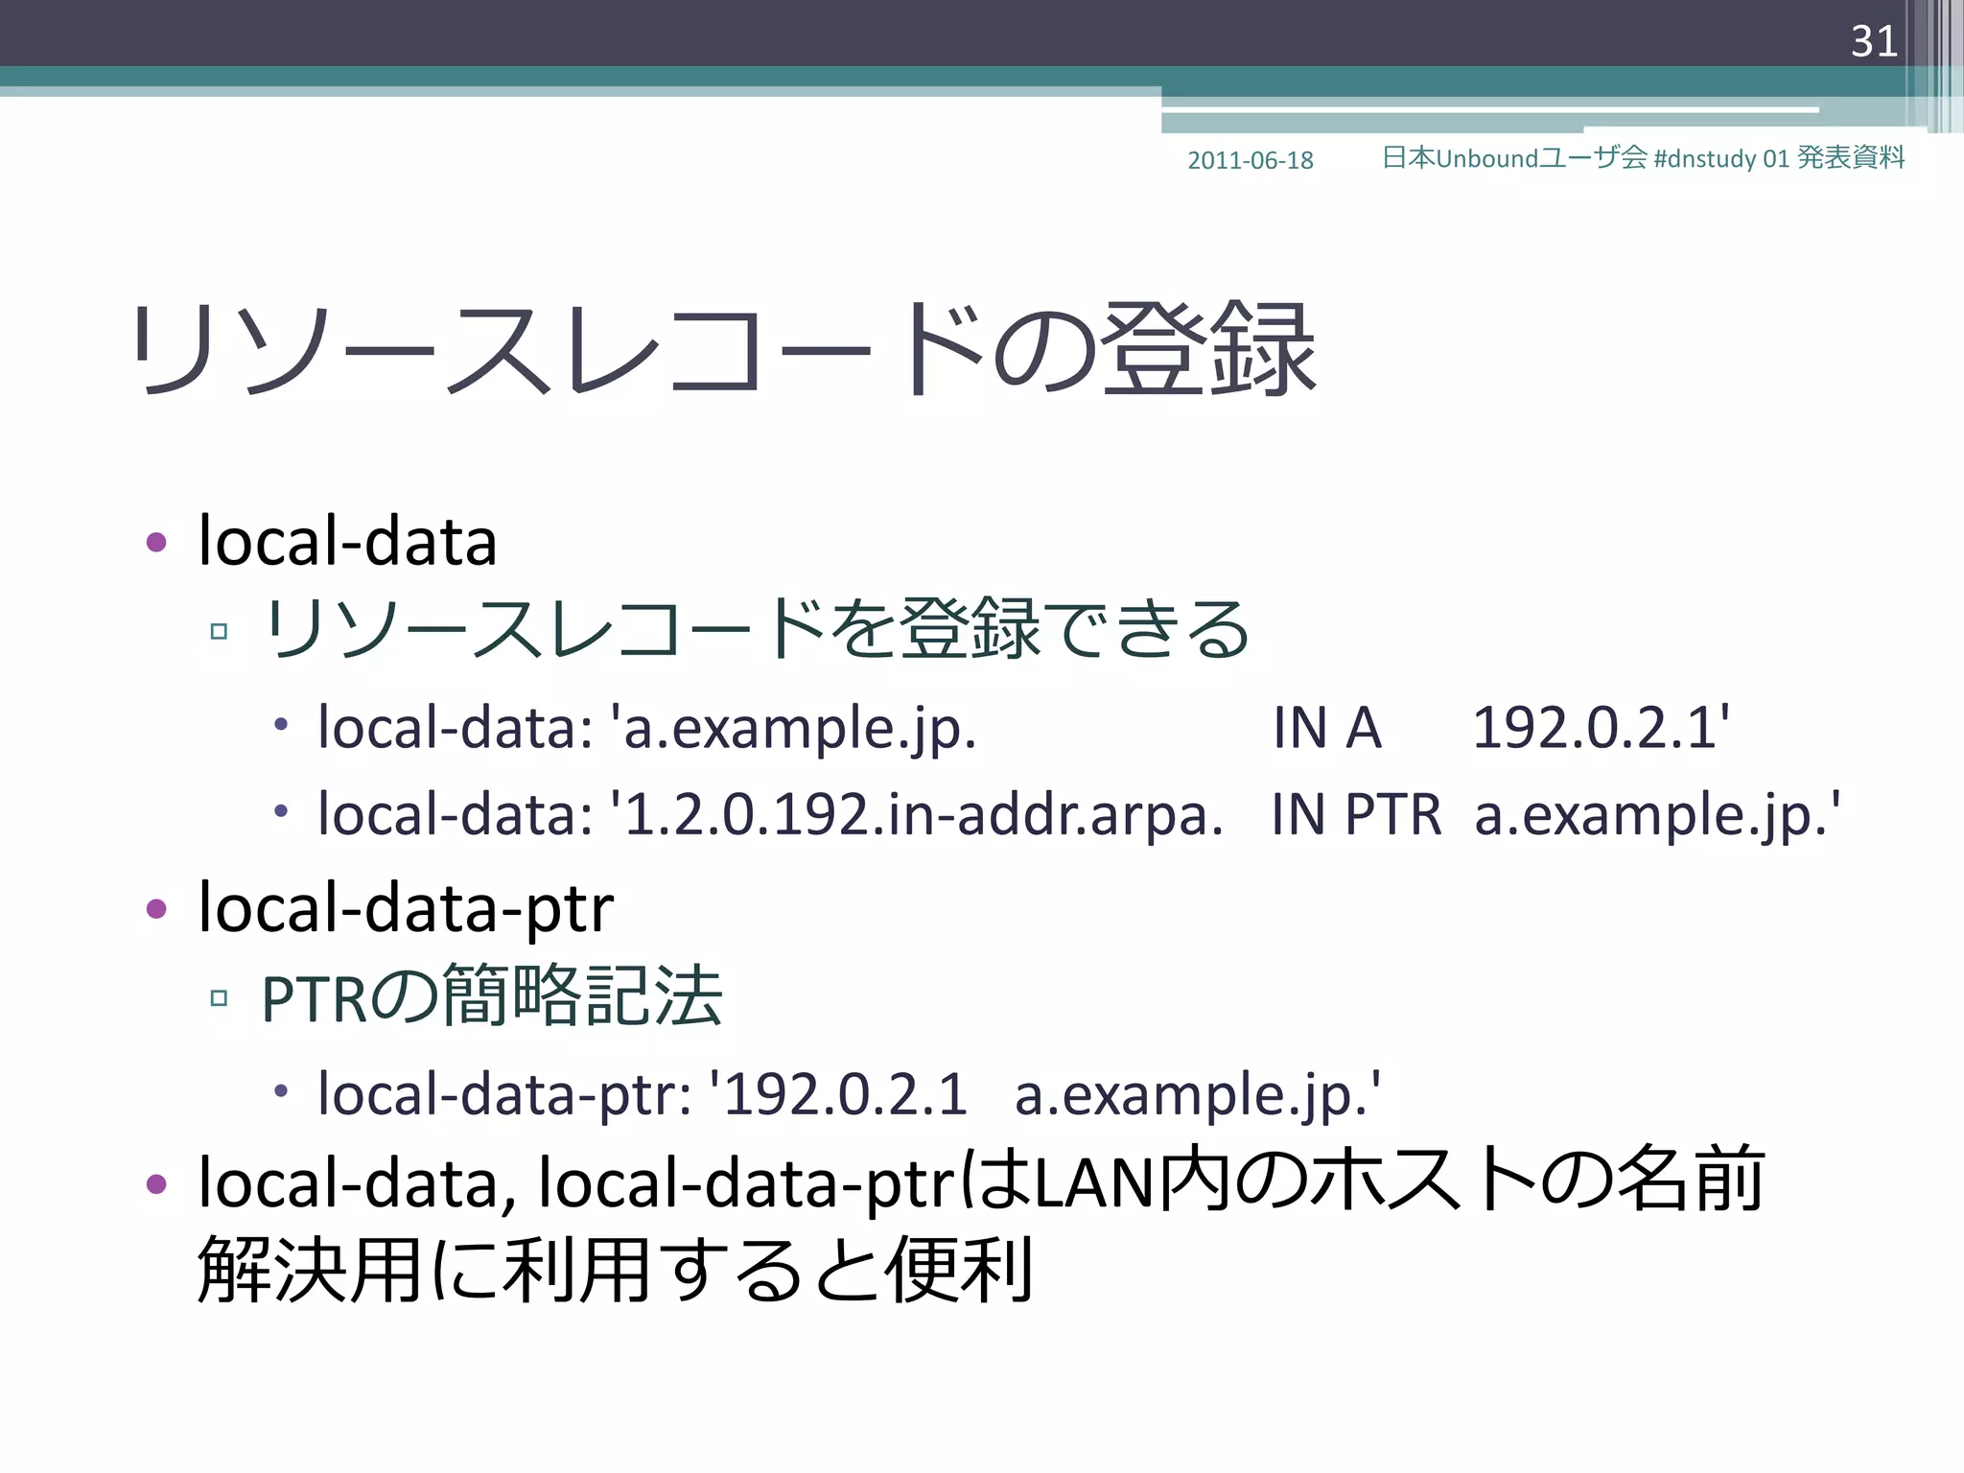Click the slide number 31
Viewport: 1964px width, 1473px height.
(x=1874, y=41)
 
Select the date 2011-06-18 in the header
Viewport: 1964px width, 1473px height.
(x=1250, y=160)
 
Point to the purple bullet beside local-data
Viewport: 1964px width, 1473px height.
(x=156, y=543)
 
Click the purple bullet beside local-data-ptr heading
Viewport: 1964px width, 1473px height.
(x=156, y=908)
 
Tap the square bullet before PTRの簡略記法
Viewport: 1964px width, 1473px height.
(x=219, y=998)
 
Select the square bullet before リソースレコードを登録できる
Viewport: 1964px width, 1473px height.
(x=219, y=631)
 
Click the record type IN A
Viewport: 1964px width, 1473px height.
(x=1326, y=728)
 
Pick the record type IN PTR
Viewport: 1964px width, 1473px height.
(x=1356, y=815)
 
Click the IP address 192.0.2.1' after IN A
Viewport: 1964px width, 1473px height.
(x=1601, y=728)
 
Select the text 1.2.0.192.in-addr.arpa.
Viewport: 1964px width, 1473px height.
(x=924, y=815)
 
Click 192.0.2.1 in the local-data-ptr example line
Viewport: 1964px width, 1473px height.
(x=845, y=1094)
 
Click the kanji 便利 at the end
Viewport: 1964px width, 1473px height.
(x=958, y=1270)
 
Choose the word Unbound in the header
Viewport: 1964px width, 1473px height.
(x=1486, y=158)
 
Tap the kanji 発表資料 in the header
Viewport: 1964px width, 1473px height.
(x=1850, y=157)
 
